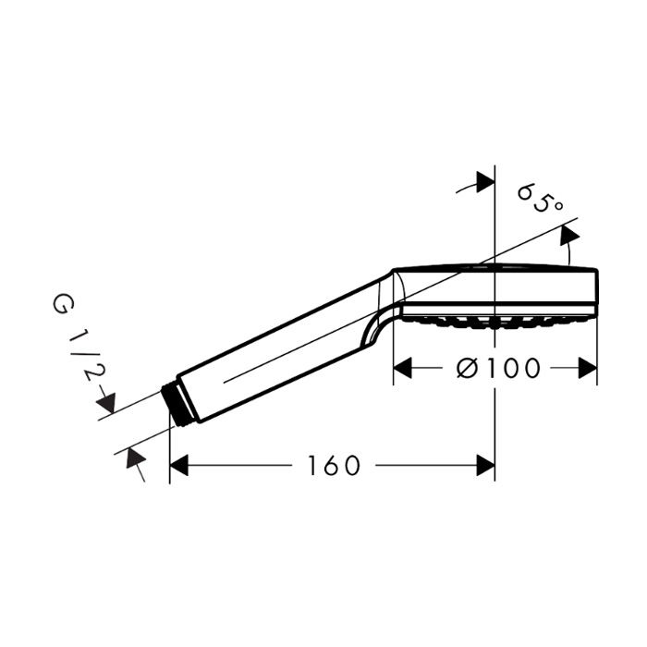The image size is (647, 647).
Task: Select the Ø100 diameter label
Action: coord(499,369)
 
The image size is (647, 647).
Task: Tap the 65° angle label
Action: coord(540,196)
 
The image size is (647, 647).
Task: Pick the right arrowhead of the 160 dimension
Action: coord(485,466)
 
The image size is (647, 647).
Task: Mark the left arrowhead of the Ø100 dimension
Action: coord(403,369)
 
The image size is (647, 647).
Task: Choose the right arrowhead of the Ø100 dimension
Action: coord(588,369)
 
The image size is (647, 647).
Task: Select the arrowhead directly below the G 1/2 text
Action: coord(106,403)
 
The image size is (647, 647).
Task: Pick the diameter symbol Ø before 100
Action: coord(467,369)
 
